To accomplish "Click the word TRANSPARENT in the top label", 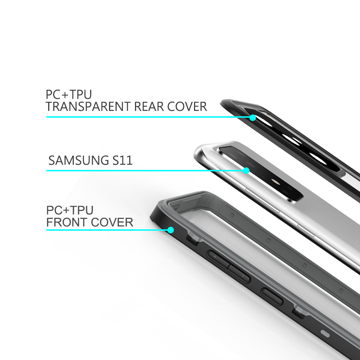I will [x=88, y=107].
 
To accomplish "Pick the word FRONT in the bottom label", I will [x=68, y=222].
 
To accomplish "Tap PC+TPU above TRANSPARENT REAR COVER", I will [x=69, y=95].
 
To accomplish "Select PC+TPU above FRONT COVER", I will [x=70, y=210].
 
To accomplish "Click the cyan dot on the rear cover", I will [x=253, y=117].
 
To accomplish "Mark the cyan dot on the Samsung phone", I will [x=246, y=170].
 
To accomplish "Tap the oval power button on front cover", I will [x=272, y=297].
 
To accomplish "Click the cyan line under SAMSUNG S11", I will [x=144, y=170].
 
